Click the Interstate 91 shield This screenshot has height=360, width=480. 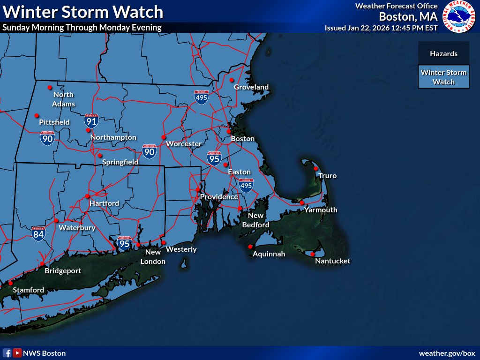point(91,121)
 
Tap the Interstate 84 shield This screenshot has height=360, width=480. point(38,233)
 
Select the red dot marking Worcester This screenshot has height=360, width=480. point(164,137)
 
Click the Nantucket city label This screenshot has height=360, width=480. point(332,261)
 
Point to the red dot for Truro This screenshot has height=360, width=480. point(316,168)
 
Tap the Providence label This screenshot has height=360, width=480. point(219,197)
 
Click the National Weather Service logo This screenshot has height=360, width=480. point(458,16)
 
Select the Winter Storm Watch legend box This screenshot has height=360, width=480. point(443,77)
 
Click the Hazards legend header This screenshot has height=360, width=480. point(443,54)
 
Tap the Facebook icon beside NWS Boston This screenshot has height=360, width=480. point(7,353)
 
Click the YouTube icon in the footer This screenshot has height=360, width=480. point(17,353)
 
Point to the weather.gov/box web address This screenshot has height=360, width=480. point(447,353)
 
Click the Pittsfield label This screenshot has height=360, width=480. point(54,122)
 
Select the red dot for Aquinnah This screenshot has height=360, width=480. point(250,247)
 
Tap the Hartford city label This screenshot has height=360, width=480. point(105,203)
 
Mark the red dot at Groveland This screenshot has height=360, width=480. point(232,80)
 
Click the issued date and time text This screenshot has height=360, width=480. point(381,28)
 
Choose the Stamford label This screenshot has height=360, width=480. point(28,290)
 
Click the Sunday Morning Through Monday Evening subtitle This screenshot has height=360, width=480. point(82,27)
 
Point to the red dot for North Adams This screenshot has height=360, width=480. point(49,87)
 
